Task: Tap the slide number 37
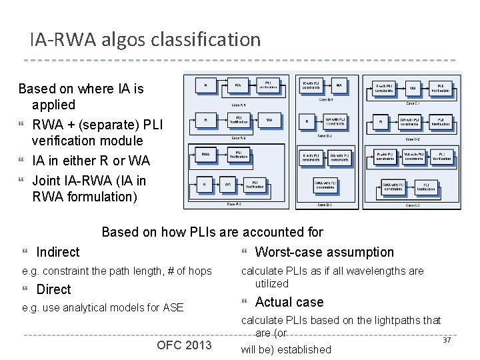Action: tap(447, 341)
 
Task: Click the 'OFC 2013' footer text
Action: tap(184, 345)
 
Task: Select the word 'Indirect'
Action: tap(57, 252)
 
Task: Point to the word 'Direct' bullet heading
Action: tap(53, 289)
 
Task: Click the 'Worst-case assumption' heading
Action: tap(324, 252)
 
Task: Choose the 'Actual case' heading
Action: tap(289, 302)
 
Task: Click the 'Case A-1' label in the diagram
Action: tap(239, 105)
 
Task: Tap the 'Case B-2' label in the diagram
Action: tap(325, 135)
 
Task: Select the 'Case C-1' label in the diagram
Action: tap(413, 103)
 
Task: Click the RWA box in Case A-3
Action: tap(205, 155)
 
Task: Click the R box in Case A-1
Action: tap(205, 85)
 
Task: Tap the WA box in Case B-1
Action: tap(339, 86)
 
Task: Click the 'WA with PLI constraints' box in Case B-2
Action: tap(335, 122)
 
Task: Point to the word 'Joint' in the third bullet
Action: tap(46, 181)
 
